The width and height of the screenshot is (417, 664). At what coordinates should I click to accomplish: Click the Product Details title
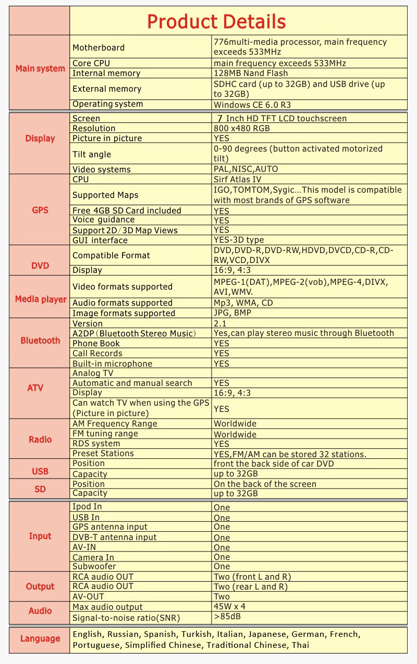(216, 21)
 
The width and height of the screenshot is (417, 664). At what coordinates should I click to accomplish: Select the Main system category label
(40, 69)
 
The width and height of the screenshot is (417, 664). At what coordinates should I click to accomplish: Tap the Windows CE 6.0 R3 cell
(252, 105)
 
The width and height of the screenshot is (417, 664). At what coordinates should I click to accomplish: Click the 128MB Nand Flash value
(251, 73)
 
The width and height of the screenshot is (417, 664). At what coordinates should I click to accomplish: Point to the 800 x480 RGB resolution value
(242, 128)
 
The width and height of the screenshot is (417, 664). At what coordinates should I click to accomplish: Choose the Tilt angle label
(92, 154)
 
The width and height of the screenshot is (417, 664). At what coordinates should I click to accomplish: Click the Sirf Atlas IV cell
(237, 180)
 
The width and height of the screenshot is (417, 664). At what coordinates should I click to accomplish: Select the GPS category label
(40, 210)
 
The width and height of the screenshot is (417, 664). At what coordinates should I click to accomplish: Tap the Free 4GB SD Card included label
(127, 210)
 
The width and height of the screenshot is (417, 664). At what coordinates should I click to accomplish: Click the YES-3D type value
(239, 240)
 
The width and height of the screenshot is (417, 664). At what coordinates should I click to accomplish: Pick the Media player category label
(41, 299)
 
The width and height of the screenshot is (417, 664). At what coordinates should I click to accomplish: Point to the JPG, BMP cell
(232, 314)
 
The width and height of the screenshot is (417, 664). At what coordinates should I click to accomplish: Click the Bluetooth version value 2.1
(220, 324)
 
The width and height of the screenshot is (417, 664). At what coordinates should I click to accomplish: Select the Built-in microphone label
(113, 364)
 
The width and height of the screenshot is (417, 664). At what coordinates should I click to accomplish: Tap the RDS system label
(96, 444)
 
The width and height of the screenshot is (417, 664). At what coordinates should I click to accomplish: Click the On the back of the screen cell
(265, 484)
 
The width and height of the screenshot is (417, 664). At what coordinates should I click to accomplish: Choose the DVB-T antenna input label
(115, 537)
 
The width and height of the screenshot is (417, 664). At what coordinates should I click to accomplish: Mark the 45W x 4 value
(229, 607)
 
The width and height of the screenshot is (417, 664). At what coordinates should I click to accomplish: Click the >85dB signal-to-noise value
(227, 617)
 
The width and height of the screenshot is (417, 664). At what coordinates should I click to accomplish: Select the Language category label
(40, 639)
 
